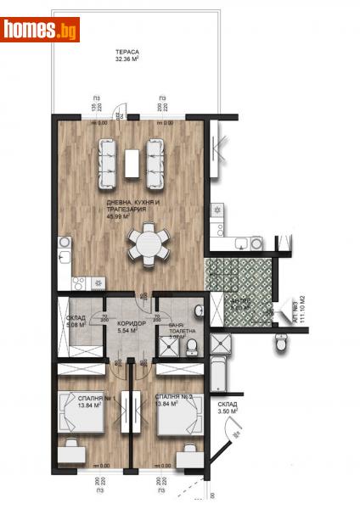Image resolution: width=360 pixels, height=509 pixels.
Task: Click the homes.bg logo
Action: pyautogui.click(x=41, y=30)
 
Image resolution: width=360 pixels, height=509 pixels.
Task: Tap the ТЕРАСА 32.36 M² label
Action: pyautogui.click(x=129, y=56)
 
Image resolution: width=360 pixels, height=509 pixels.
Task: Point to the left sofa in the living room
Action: pyautogui.click(x=108, y=164)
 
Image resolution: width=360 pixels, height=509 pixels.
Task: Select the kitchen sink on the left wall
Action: pyautogui.click(x=64, y=251)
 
